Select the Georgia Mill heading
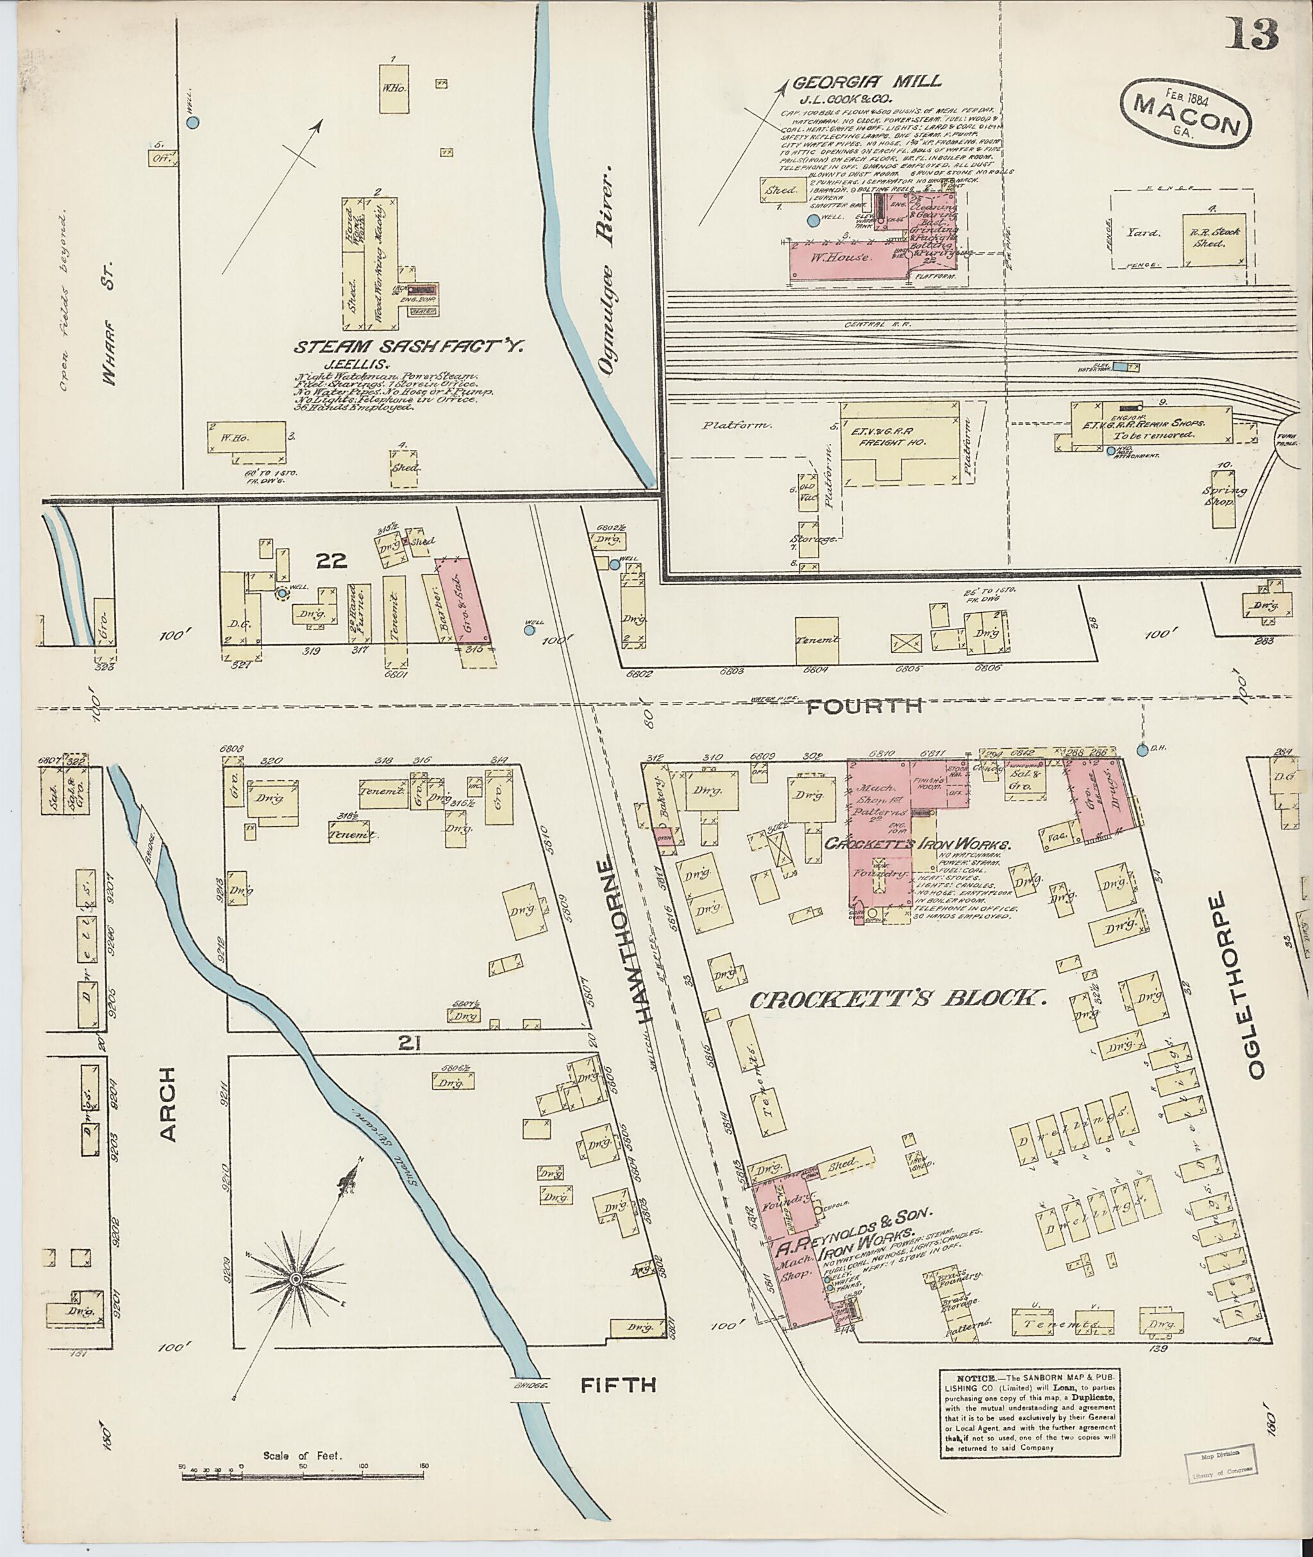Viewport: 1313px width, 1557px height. pos(867,82)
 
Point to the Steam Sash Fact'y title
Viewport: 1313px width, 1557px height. pos(410,346)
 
